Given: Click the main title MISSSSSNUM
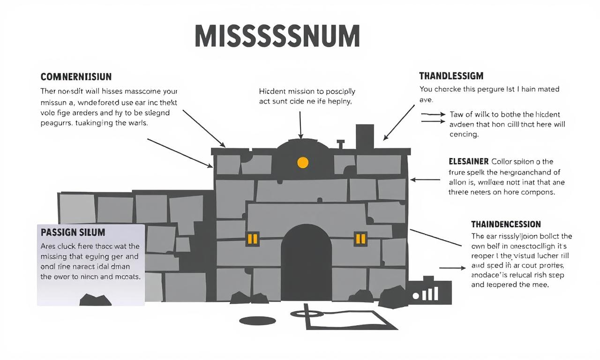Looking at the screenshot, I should coord(277,36).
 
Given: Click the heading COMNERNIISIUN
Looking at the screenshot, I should coord(76,76).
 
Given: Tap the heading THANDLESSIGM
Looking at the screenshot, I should coord(451,75).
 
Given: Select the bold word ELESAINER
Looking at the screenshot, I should coord(469,161).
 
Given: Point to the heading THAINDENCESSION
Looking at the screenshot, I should coord(506,224).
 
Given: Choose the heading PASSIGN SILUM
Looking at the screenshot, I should coord(73,232).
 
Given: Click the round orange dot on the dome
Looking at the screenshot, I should coord(303,163).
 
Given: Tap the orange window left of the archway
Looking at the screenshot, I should coord(252,239).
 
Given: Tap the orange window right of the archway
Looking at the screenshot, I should coord(360,239).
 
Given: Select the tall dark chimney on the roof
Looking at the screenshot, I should coord(365,136).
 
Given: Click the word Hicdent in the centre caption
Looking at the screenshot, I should coord(273,91).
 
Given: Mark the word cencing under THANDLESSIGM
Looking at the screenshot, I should coord(464,134).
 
